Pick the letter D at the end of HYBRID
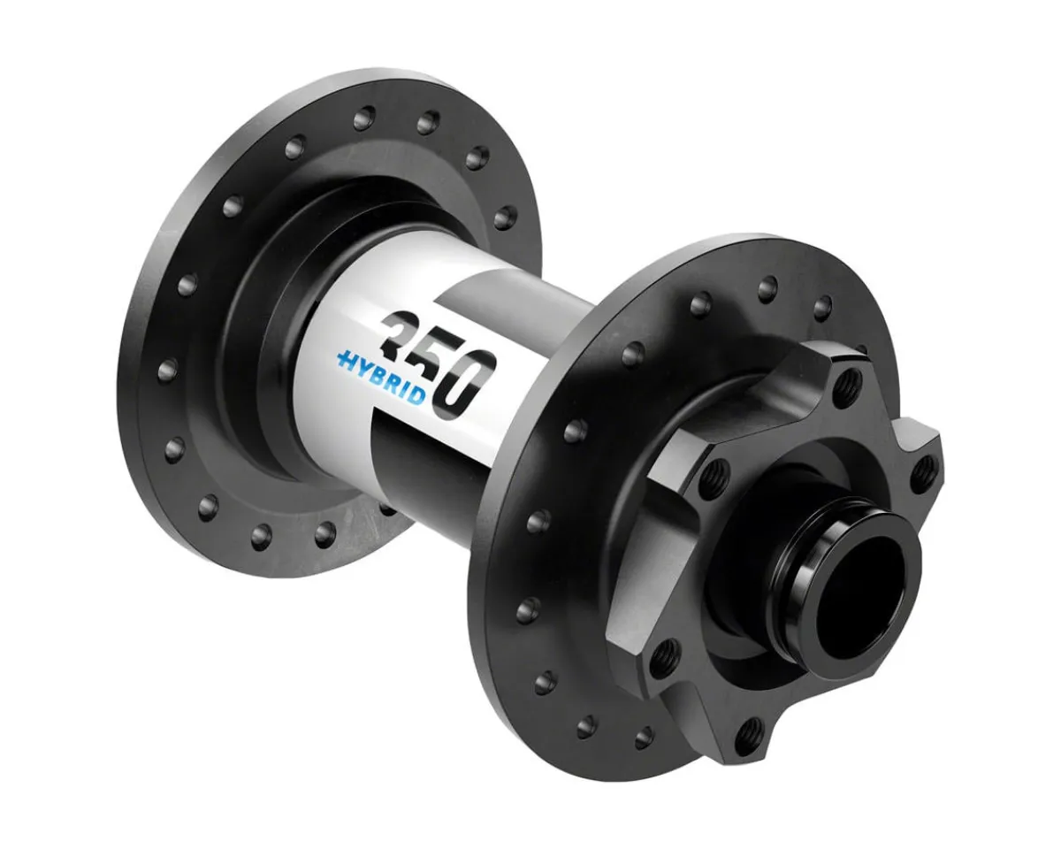pos(416,396)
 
